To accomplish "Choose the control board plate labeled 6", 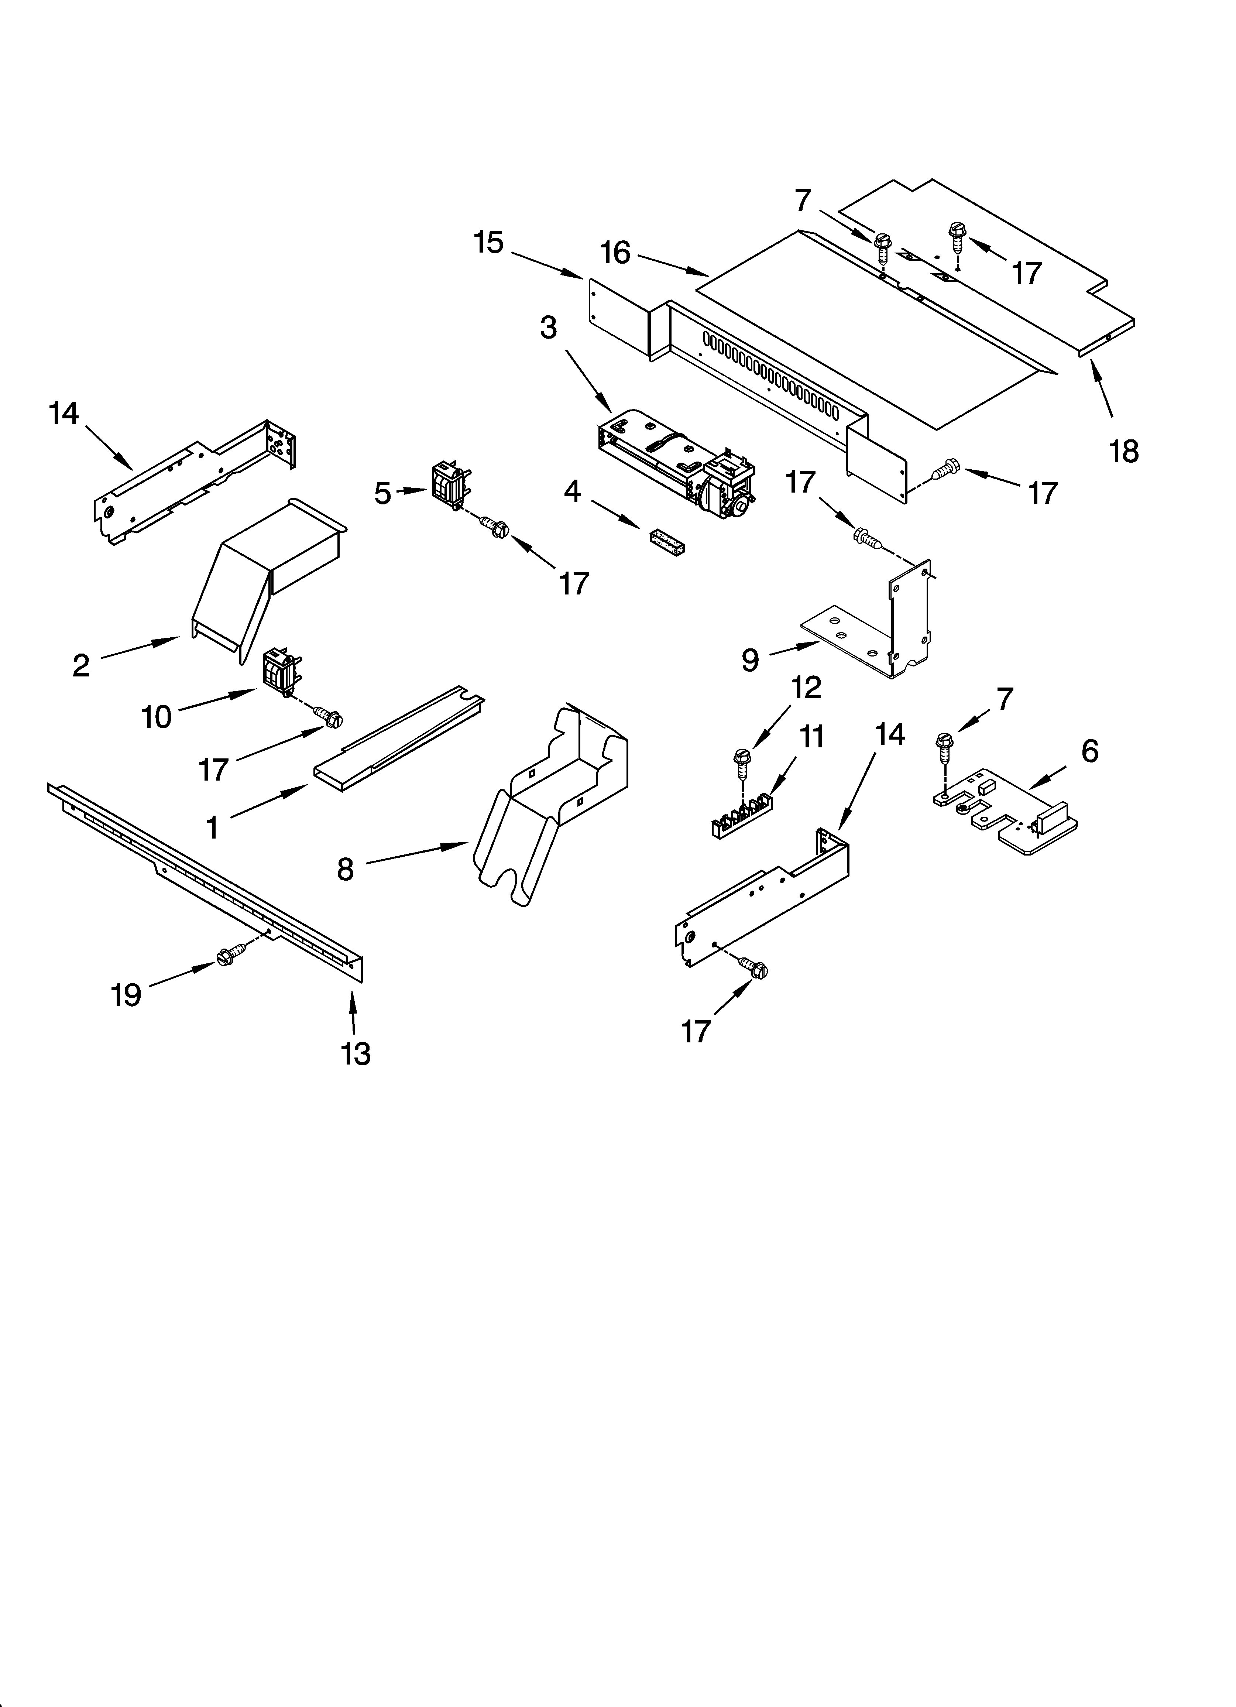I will tap(1001, 809).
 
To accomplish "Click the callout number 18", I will tap(1124, 452).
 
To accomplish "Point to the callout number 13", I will tap(355, 1054).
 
